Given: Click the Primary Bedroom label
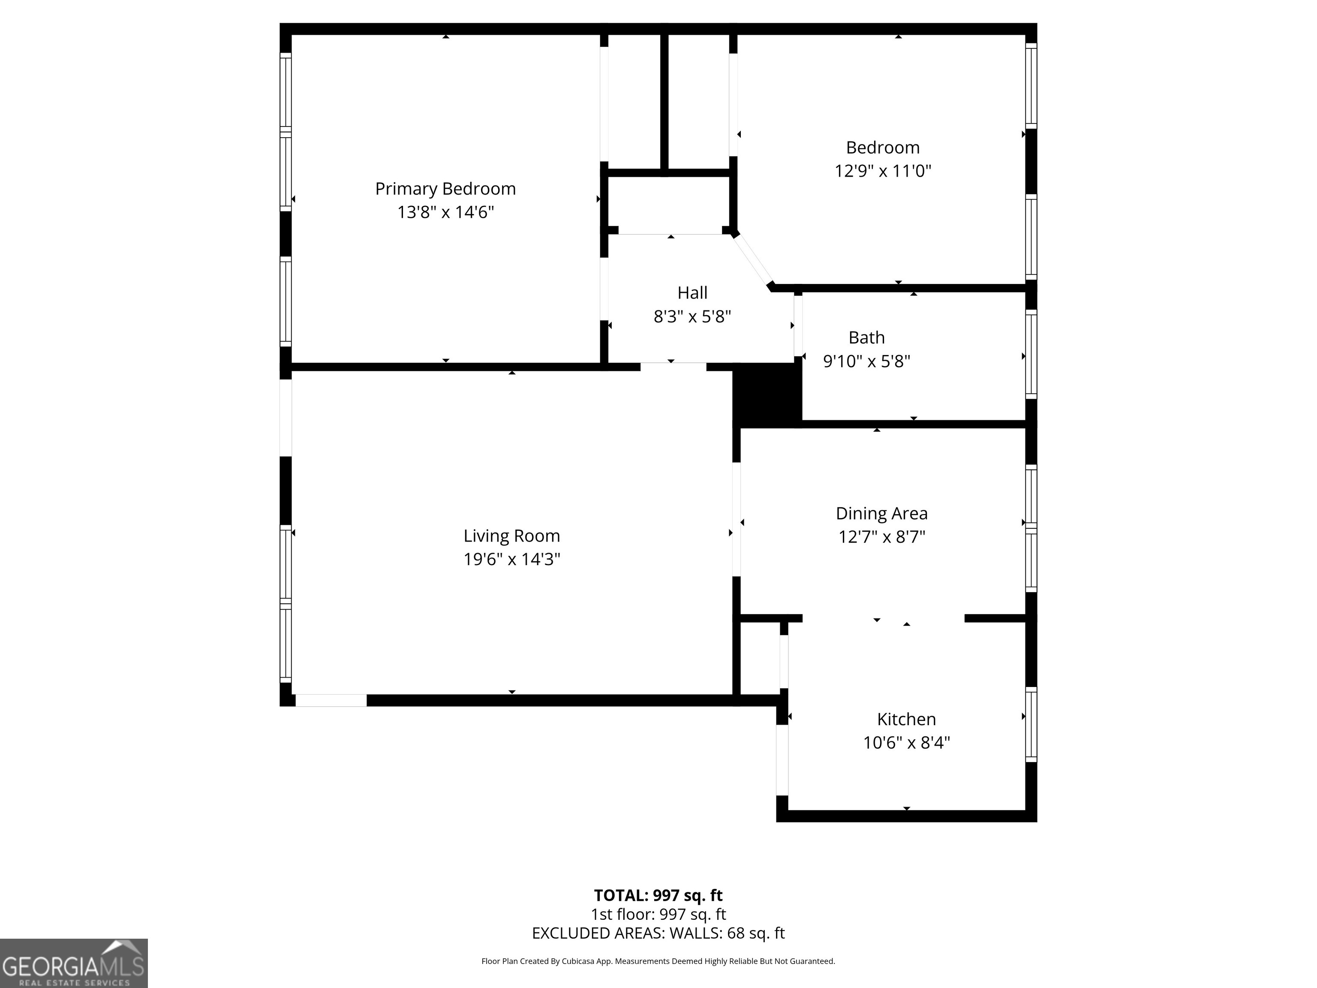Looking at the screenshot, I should [x=445, y=189].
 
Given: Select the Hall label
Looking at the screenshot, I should [x=692, y=292].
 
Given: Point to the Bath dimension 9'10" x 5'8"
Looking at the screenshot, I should [x=866, y=361].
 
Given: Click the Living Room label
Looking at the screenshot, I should [x=511, y=536].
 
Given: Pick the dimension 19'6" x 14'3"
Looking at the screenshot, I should [x=511, y=559].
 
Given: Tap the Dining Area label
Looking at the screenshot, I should [x=881, y=513].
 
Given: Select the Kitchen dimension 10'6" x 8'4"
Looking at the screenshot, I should [x=906, y=743].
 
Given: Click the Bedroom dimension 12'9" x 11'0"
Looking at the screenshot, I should [x=882, y=171].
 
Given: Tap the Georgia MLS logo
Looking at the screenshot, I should [x=73, y=963].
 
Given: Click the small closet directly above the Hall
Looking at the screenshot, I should [x=669, y=204].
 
